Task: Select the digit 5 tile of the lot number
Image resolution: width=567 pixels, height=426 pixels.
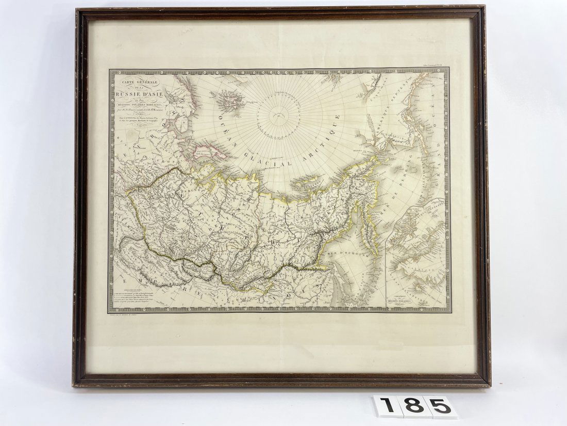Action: click(441, 407)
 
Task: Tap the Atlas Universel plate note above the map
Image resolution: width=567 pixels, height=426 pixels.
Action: click(436, 66)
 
